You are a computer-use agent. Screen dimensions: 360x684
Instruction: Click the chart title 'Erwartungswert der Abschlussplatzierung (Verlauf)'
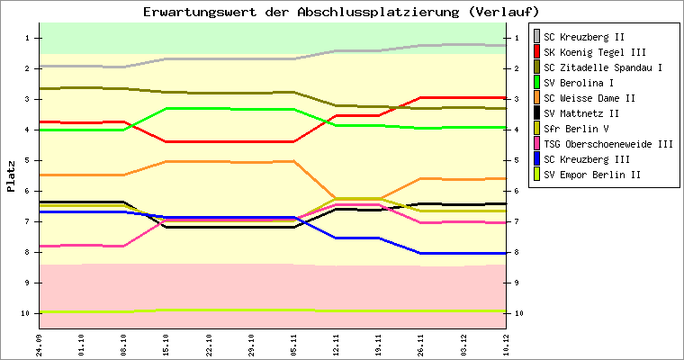coord(341,12)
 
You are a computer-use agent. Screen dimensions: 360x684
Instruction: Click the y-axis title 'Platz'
coord(12,176)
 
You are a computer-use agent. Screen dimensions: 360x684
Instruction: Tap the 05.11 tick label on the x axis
coord(293,343)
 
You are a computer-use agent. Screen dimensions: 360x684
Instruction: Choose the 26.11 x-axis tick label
coord(420,343)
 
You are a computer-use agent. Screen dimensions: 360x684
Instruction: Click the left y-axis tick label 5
coord(29,160)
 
